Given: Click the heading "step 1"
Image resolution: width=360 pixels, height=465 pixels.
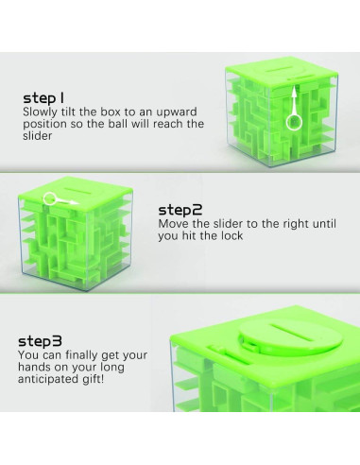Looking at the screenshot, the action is click(x=43, y=98).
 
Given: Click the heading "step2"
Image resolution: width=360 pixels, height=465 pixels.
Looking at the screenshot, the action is click(x=180, y=210).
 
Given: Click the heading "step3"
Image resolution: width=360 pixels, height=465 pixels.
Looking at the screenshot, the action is click(x=40, y=341).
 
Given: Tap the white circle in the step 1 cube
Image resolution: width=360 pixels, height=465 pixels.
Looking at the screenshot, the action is click(x=294, y=122).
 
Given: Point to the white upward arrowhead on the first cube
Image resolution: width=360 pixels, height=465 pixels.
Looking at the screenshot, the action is click(x=294, y=91).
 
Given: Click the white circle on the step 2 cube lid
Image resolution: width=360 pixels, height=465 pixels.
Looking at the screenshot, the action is click(x=50, y=198).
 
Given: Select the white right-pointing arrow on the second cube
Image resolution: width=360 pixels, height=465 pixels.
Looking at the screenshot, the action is click(x=67, y=201).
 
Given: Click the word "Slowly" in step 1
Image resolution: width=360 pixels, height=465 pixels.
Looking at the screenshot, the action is click(x=41, y=112).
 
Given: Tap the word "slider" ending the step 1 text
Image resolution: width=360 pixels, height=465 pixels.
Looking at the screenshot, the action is click(x=37, y=136).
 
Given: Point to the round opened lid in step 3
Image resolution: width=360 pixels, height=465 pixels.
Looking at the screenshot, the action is click(x=285, y=337).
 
